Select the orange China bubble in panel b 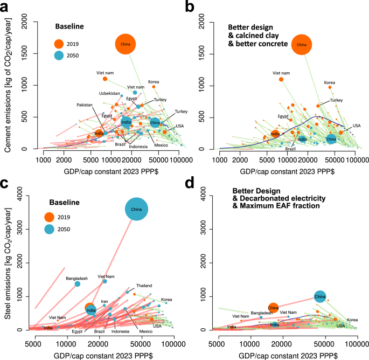(x=302, y=45)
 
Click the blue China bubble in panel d (x=320, y=296)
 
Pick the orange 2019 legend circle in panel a (x=60, y=43)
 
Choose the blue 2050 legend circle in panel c (x=50, y=230)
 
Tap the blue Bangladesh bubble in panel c (x=77, y=284)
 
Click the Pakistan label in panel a (x=93, y=106)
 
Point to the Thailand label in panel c (x=143, y=285)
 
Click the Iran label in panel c (x=105, y=301)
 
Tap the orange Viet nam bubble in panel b (x=281, y=79)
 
